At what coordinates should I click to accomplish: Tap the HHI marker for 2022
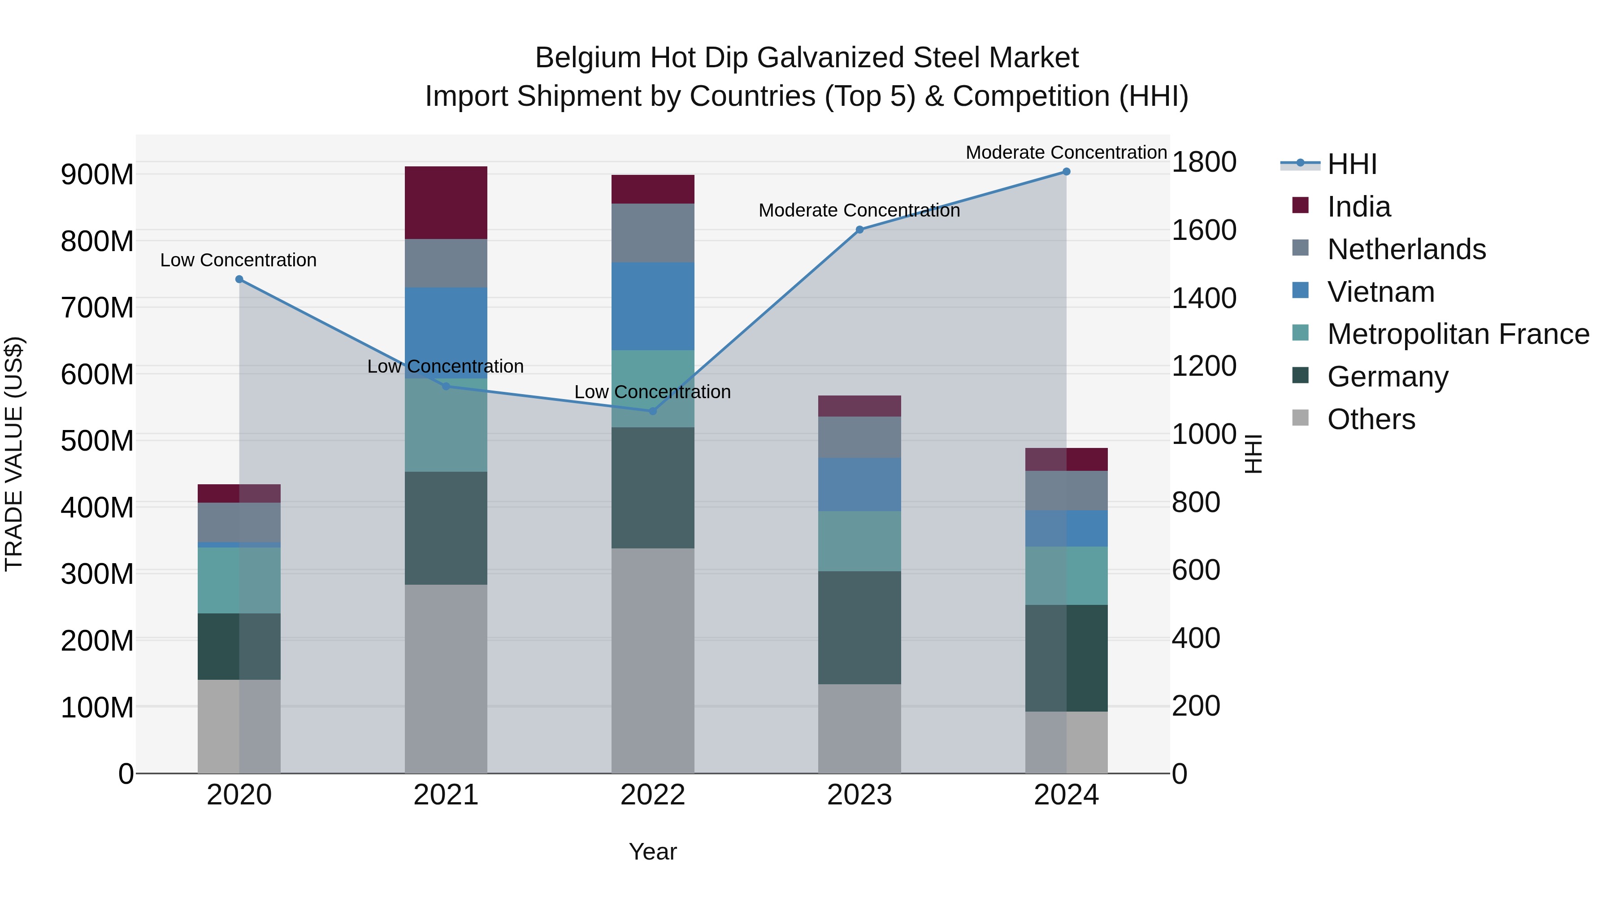[652, 411]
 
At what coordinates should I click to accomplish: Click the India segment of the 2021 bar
[446, 202]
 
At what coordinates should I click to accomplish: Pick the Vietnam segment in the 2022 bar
[652, 306]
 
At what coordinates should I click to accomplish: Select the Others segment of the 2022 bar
[652, 660]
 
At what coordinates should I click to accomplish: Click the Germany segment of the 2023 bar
[859, 627]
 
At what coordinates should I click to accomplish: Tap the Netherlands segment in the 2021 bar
[446, 263]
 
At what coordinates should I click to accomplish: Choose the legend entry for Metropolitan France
[1458, 334]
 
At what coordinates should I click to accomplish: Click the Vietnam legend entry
[1380, 292]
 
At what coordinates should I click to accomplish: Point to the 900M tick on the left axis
[97, 174]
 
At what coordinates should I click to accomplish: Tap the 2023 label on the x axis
[859, 795]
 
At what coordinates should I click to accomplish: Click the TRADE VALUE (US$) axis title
[14, 454]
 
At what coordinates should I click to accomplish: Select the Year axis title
[652, 852]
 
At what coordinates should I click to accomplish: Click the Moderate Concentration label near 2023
[859, 211]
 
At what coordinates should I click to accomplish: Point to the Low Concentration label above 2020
[238, 260]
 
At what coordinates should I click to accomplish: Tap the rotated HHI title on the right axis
[1253, 454]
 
